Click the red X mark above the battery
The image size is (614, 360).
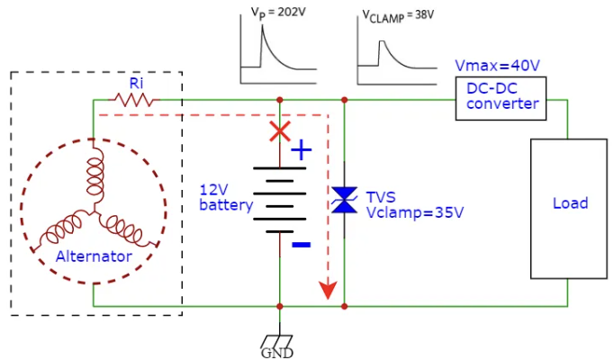point(280,131)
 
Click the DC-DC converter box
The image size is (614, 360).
point(502,97)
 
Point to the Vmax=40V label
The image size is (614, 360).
point(498,66)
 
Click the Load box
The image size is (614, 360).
point(569,208)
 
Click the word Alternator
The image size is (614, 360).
point(94,256)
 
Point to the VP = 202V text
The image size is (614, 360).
point(278,13)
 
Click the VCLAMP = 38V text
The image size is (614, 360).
point(393,13)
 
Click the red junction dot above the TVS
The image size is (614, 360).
point(344,100)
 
